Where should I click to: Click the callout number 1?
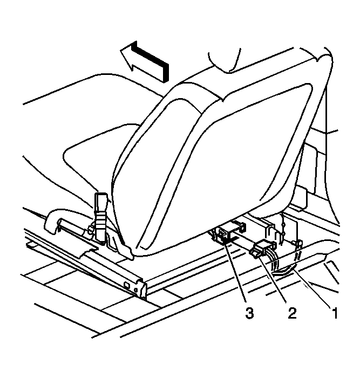click(x=335, y=313)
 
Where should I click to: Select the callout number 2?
click(x=292, y=313)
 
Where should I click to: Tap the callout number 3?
click(x=249, y=313)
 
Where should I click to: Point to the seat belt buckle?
click(x=101, y=217)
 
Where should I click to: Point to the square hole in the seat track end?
click(x=126, y=285)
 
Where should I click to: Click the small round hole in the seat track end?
click(x=135, y=289)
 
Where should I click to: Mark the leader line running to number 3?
click(x=234, y=271)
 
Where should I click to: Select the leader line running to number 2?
click(x=273, y=280)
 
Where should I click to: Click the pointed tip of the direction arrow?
click(x=120, y=51)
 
